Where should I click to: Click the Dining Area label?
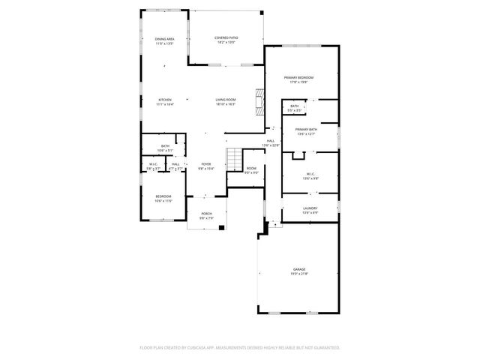point(165,38)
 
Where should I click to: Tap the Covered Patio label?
point(226,37)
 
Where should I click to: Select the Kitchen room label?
point(165,100)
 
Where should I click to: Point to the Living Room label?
point(226,100)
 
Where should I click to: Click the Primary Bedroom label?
point(298,78)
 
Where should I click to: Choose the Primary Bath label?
point(306,129)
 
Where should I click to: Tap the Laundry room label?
point(310,208)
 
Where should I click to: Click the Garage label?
point(299,269)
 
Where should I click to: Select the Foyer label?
point(205,163)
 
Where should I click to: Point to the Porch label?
point(206,214)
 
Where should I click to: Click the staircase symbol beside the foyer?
point(235,159)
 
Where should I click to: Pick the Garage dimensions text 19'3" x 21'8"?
point(299,274)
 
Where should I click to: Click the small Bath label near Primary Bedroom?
point(295,106)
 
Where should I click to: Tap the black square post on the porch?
point(221,227)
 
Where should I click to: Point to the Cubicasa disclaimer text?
point(240,348)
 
